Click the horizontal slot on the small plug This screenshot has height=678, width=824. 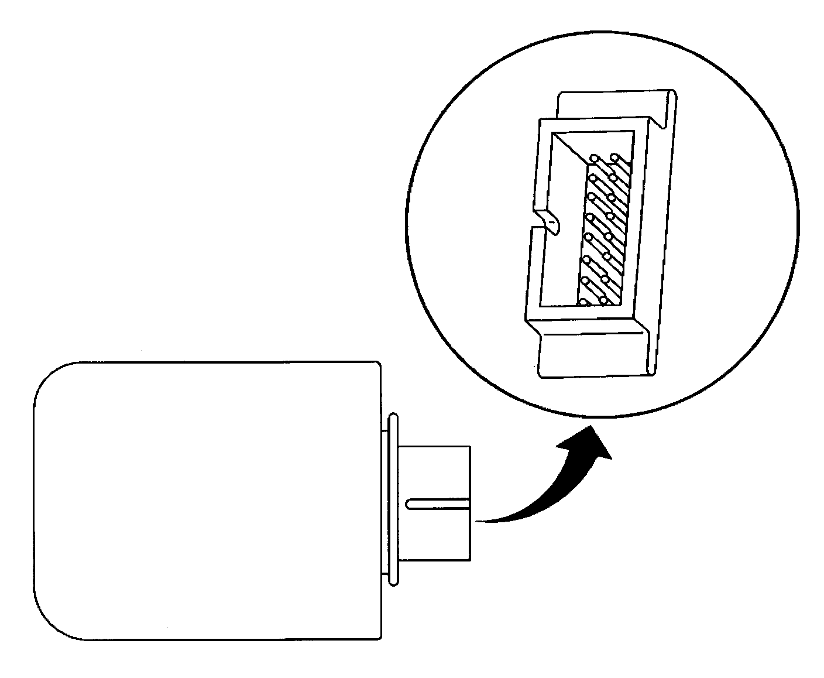point(438,502)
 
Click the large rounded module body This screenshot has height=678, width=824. point(205,501)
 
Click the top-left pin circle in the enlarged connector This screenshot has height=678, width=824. point(594,159)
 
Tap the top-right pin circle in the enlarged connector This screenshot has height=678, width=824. point(614,157)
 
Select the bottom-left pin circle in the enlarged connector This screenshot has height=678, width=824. point(583,302)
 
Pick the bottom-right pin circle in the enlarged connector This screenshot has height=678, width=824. point(602,301)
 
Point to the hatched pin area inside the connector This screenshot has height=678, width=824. point(603,234)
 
